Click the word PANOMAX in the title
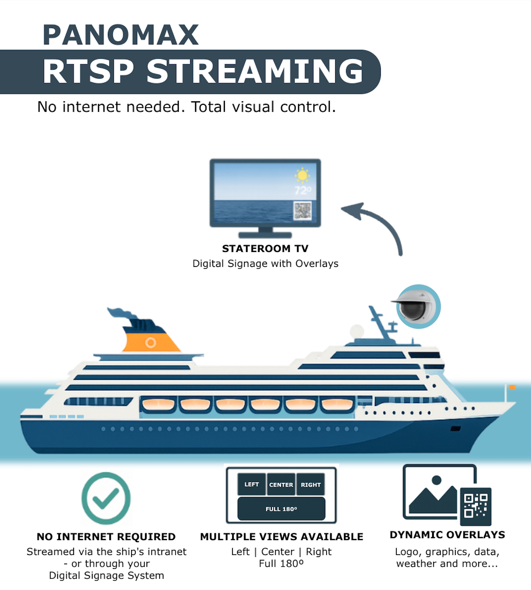click(x=120, y=35)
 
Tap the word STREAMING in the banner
click(x=255, y=71)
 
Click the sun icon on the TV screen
click(x=302, y=175)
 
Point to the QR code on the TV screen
click(x=303, y=211)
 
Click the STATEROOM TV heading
click(x=265, y=248)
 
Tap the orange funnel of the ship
click(x=151, y=342)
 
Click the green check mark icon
click(x=106, y=498)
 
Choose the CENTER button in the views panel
click(x=281, y=484)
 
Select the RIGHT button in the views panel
click(x=311, y=484)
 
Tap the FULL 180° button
click(x=281, y=509)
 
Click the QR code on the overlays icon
click(x=475, y=506)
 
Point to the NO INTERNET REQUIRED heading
click(x=106, y=537)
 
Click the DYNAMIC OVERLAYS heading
click(x=447, y=534)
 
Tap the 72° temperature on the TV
click(x=303, y=190)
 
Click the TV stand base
click(x=265, y=235)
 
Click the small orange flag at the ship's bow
click(x=512, y=387)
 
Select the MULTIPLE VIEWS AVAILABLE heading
click(x=281, y=537)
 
